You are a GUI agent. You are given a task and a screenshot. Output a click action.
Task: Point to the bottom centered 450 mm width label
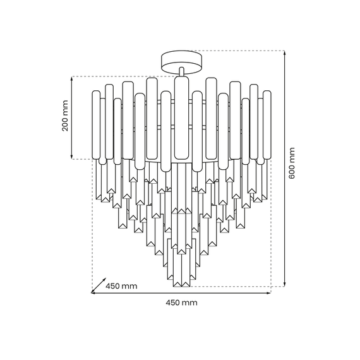click(181, 303)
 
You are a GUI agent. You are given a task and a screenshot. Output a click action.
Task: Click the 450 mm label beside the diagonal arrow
click(121, 286)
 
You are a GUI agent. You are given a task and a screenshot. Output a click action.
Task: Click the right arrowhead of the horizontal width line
click(268, 292)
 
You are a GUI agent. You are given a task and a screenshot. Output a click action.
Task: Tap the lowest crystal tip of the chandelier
click(181, 282)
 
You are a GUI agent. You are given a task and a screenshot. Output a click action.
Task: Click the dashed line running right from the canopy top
click(240, 51)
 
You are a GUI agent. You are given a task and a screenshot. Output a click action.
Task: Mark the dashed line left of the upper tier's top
click(120, 76)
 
